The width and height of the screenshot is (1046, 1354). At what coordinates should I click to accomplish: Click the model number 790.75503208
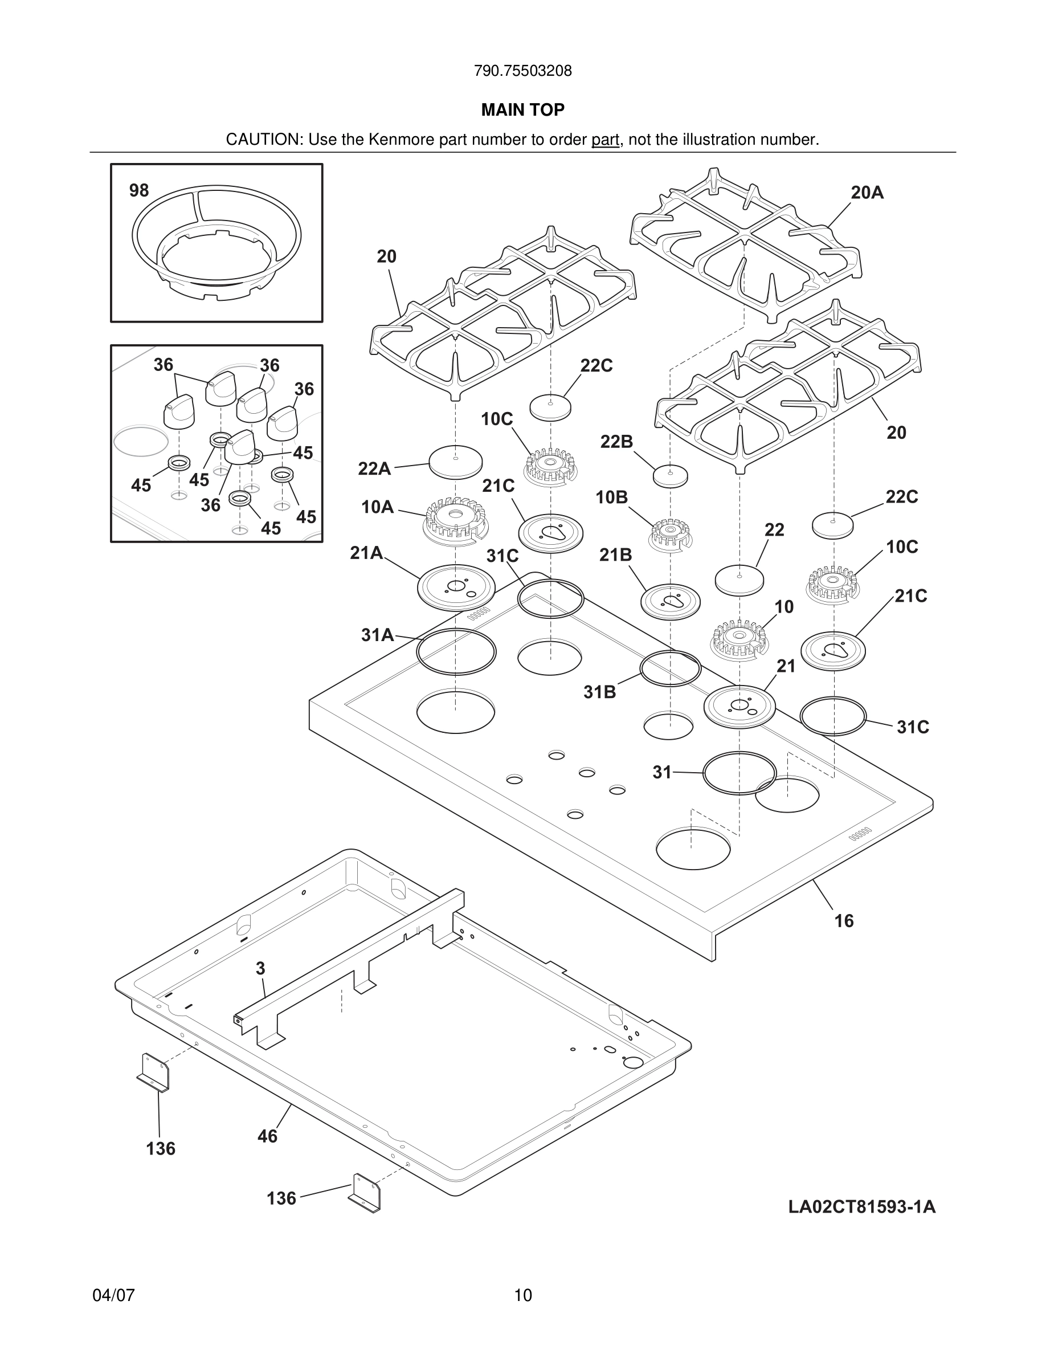[522, 71]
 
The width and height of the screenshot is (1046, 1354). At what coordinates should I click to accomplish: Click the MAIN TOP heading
[522, 110]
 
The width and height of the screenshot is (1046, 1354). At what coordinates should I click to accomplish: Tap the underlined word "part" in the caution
[605, 140]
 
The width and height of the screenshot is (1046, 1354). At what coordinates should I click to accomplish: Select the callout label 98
[139, 190]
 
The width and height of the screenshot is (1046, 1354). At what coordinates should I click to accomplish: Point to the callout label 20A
[867, 193]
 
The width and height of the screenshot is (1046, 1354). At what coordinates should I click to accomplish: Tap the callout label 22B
[616, 442]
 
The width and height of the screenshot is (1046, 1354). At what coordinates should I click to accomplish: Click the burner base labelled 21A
[457, 586]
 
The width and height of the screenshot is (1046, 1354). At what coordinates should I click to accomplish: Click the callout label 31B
[599, 692]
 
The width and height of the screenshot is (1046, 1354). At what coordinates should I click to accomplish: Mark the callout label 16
[844, 921]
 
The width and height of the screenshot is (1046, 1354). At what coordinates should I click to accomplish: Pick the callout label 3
[260, 968]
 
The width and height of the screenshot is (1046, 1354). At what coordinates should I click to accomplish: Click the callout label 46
[267, 1136]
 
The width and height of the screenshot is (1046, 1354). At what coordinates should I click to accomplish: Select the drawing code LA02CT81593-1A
[861, 1207]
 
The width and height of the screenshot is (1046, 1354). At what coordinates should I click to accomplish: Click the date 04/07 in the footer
[113, 1295]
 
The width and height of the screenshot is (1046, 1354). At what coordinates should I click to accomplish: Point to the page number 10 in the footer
[523, 1295]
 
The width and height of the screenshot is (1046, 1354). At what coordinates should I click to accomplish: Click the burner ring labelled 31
[739, 773]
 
